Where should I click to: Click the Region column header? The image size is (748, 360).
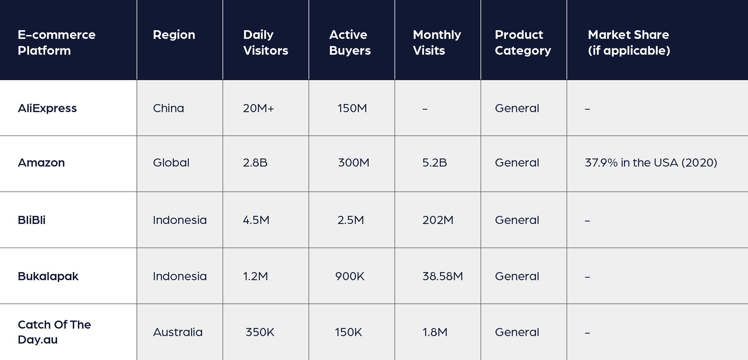tap(174, 35)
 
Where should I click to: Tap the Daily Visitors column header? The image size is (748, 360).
tap(265, 42)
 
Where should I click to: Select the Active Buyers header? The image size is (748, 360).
tap(349, 42)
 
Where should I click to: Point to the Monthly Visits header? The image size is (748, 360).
tap(437, 42)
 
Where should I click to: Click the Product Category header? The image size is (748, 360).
tap(523, 42)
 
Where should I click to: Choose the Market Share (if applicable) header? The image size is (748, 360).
tap(629, 42)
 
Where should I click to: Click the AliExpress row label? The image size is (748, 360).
tap(47, 108)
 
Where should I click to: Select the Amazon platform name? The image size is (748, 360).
tap(41, 163)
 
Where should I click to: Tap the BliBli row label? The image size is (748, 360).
tap(31, 220)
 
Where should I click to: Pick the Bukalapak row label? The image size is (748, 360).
tap(48, 276)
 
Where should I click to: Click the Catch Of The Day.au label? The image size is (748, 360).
tap(54, 332)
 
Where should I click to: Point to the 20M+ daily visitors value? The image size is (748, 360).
tap(258, 108)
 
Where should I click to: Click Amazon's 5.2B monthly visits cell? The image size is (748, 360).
tap(434, 163)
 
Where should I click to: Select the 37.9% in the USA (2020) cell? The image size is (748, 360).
tap(651, 163)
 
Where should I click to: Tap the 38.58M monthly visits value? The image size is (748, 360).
tap(443, 276)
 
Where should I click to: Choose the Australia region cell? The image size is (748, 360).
tap(178, 332)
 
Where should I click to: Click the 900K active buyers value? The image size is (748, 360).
tap(349, 276)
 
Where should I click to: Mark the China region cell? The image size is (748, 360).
tap(168, 108)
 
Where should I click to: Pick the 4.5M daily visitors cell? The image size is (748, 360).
tap(256, 220)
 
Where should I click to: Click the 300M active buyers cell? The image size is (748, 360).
tap(353, 163)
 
